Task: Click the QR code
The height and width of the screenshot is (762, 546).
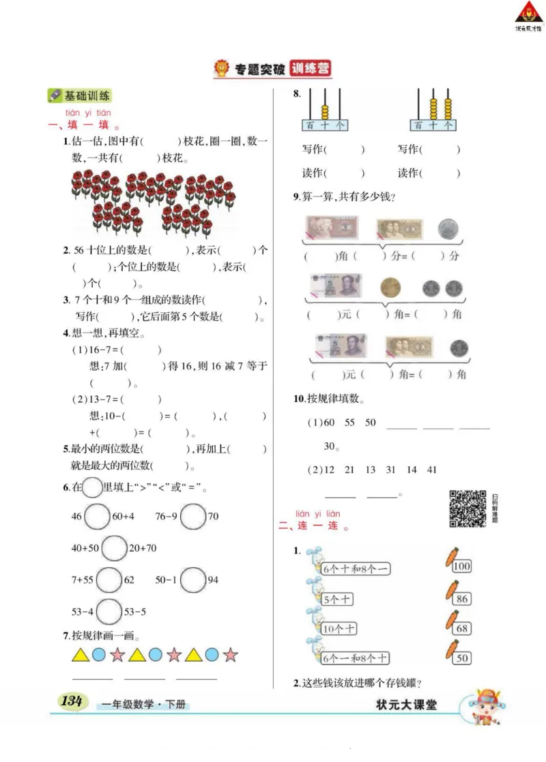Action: [x=468, y=508]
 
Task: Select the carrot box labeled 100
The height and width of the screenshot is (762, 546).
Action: [x=461, y=566]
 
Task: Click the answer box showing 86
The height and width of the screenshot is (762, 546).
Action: [x=462, y=598]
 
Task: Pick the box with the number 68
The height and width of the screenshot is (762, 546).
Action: [x=462, y=628]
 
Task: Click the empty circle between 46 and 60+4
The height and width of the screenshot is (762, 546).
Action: [x=97, y=517]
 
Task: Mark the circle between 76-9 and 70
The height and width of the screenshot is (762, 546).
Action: [x=193, y=517]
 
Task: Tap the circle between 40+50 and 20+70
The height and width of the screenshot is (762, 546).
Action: [x=113, y=548]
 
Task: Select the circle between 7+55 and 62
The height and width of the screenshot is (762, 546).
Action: [x=109, y=580]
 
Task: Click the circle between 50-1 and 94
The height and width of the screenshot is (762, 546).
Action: [x=194, y=580]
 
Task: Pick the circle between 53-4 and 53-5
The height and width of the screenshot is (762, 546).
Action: [x=109, y=611]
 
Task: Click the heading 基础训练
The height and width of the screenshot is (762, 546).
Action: [x=81, y=95]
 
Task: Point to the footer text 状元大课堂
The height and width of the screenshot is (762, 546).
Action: [x=406, y=705]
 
